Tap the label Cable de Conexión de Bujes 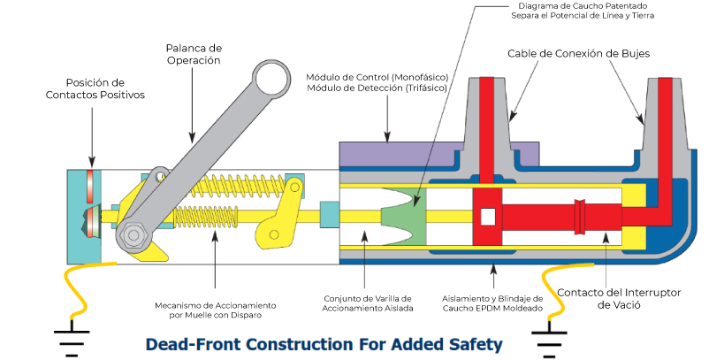click(x=578, y=53)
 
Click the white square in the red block click(x=487, y=216)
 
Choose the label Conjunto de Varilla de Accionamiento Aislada click(x=364, y=304)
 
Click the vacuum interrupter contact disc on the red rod click(x=581, y=215)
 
